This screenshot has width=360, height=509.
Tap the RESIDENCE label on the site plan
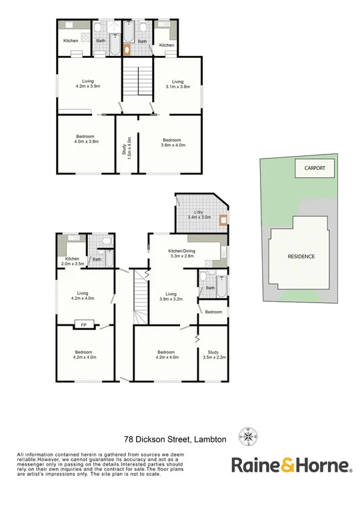pos(301,256)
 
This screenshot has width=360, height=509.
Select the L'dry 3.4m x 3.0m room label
pos(199,215)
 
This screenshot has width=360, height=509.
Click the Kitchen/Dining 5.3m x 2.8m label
pos(181,253)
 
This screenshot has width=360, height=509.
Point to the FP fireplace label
pos(84,325)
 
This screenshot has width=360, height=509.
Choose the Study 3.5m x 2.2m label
pos(214,356)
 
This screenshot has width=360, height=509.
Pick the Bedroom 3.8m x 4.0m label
pos(173,143)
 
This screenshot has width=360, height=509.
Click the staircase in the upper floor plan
pos(137,81)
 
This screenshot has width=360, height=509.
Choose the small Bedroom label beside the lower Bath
pos(213,312)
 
